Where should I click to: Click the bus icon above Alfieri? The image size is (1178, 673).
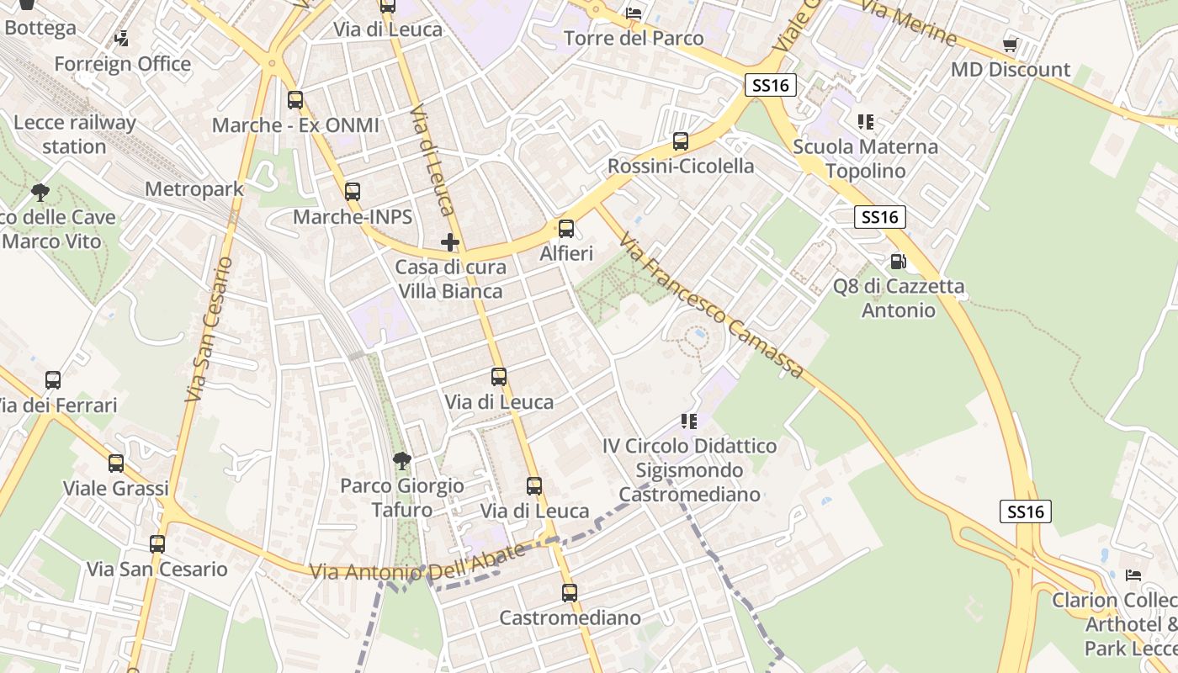pos(566,228)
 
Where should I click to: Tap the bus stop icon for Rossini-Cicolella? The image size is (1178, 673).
pos(681,140)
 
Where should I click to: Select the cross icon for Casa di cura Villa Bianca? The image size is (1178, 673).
pos(450,242)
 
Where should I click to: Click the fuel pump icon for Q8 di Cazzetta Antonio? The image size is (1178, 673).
pos(898,262)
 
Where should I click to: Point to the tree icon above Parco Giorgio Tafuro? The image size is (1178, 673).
pos(402,460)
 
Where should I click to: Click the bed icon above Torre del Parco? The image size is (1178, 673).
pos(634,13)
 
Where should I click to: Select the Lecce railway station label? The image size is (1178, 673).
pos(74,135)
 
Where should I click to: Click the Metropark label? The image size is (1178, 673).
pos(194,189)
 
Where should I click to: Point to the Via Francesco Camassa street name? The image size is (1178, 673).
pos(712,308)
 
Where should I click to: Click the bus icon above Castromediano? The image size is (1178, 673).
pos(570,592)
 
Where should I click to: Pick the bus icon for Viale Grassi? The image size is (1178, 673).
pos(116,463)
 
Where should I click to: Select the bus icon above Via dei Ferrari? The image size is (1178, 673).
pos(53,380)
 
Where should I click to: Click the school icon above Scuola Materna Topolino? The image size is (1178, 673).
pos(865,122)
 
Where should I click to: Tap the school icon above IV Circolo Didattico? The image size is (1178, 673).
pos(689,421)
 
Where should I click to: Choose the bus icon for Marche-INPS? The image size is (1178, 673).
pos(353,192)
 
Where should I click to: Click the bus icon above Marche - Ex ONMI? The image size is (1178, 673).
pos(295,100)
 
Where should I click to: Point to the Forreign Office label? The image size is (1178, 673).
pos(123,64)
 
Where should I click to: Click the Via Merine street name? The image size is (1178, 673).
pos(910,24)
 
